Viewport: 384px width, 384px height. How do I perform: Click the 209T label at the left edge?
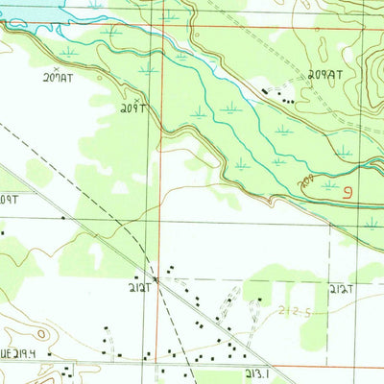(x=10, y=200)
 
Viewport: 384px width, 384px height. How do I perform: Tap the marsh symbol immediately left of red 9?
(x=329, y=184)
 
